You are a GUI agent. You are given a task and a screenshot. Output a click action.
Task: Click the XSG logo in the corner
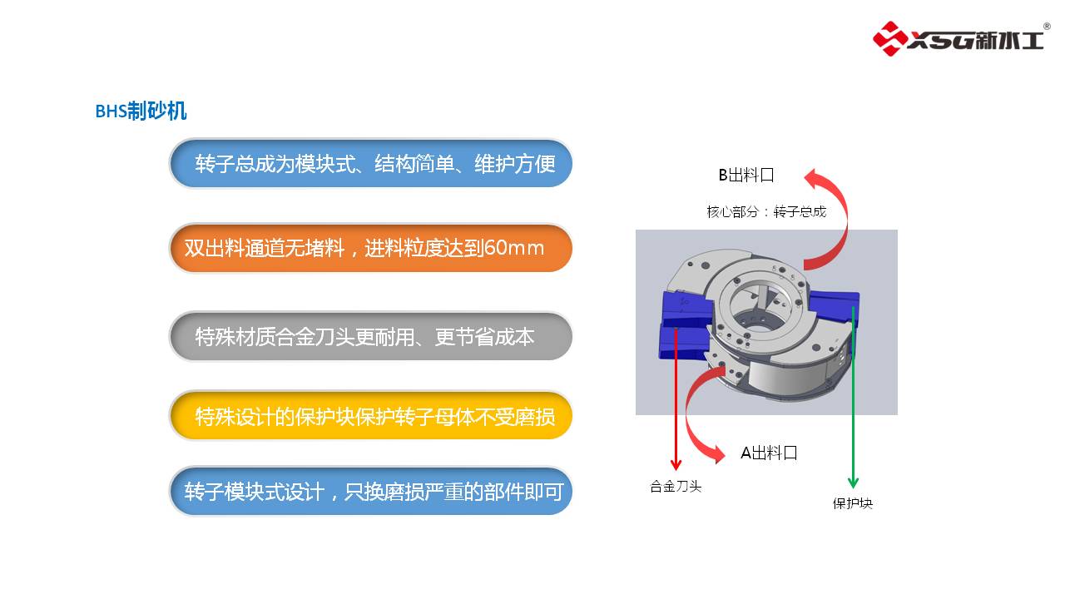958,38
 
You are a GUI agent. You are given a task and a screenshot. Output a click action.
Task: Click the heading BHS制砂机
141,111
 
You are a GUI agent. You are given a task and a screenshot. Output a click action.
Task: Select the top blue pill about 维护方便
371,163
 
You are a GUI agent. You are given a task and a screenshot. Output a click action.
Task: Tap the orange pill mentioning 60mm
371,248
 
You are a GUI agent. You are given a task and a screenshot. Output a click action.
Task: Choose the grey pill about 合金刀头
371,336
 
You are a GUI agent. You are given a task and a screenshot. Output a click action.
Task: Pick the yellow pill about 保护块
371,416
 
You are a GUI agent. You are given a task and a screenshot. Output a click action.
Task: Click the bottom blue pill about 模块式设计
371,492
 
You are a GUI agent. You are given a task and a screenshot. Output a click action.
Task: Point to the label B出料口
746,176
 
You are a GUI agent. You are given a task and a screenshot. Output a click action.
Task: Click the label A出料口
769,453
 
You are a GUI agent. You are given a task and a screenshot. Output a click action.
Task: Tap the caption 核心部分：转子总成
766,212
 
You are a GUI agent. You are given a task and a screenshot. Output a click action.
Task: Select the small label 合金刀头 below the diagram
676,487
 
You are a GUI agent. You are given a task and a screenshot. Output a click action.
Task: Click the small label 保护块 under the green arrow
853,503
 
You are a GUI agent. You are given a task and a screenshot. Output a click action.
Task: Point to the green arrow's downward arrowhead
853,483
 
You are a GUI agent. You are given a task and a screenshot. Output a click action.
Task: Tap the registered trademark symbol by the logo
1047,27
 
